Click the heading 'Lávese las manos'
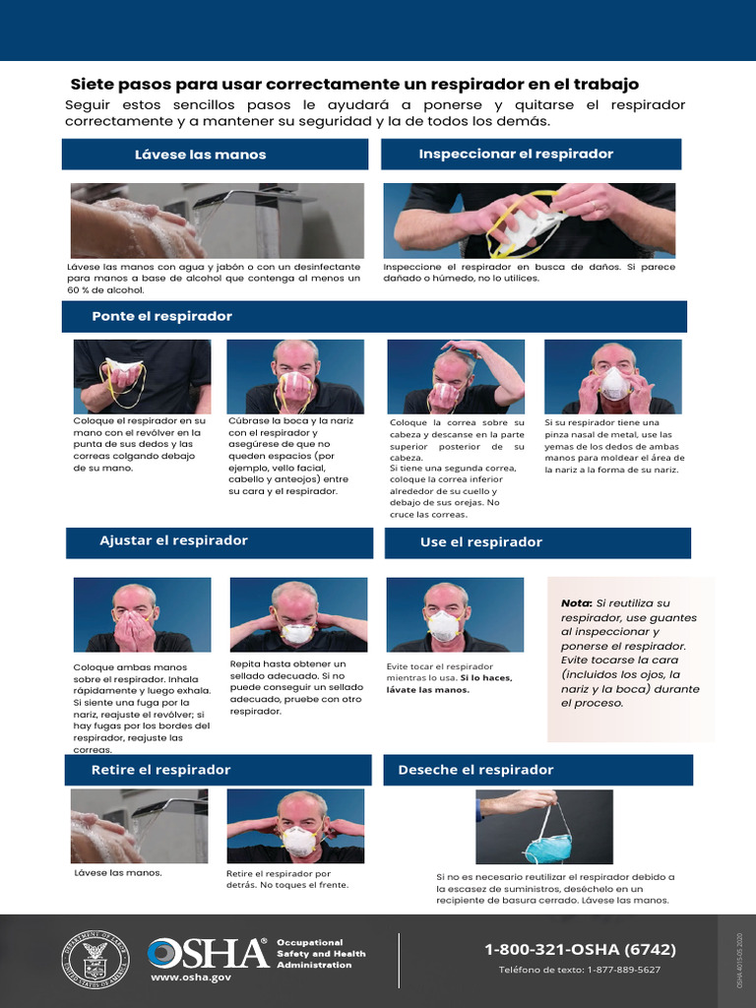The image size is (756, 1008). pyautogui.click(x=200, y=155)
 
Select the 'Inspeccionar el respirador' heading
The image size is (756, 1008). pyautogui.click(x=516, y=154)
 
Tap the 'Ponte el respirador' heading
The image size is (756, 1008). pyautogui.click(x=161, y=316)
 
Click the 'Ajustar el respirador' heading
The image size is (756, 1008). pyautogui.click(x=173, y=540)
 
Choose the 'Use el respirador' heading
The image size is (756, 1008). pyautogui.click(x=480, y=542)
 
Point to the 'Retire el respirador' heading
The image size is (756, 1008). pyautogui.click(x=160, y=770)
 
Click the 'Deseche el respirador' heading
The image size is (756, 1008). pyautogui.click(x=475, y=770)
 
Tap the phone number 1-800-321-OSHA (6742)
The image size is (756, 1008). pyautogui.click(x=580, y=949)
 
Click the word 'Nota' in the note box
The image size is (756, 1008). pyautogui.click(x=575, y=602)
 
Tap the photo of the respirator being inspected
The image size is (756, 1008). pyautogui.click(x=529, y=220)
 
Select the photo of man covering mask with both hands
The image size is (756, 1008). pyautogui.click(x=142, y=614)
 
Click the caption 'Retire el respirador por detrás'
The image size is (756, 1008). pyautogui.click(x=279, y=879)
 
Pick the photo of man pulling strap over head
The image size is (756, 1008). pyautogui.click(x=455, y=376)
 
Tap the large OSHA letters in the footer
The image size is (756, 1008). pyautogui.click(x=208, y=953)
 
